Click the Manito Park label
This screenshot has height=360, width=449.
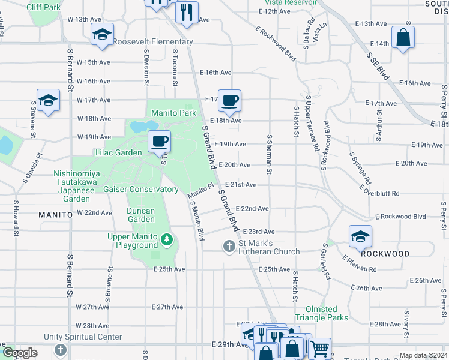pos(173,113)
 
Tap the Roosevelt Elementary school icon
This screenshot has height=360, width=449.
pos(102,34)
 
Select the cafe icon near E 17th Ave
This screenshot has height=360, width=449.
pos(229,100)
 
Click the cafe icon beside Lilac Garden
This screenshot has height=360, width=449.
pos(159,142)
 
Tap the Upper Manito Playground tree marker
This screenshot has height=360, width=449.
pos(167,241)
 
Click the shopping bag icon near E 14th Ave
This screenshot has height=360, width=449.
pos(403,37)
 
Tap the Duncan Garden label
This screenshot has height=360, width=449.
pos(141,215)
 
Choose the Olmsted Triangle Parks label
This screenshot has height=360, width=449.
pos(321,313)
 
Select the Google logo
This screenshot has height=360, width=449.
pos(20,353)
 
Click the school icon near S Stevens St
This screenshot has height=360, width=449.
pos(48,100)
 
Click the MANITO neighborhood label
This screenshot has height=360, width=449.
pos(55,214)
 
